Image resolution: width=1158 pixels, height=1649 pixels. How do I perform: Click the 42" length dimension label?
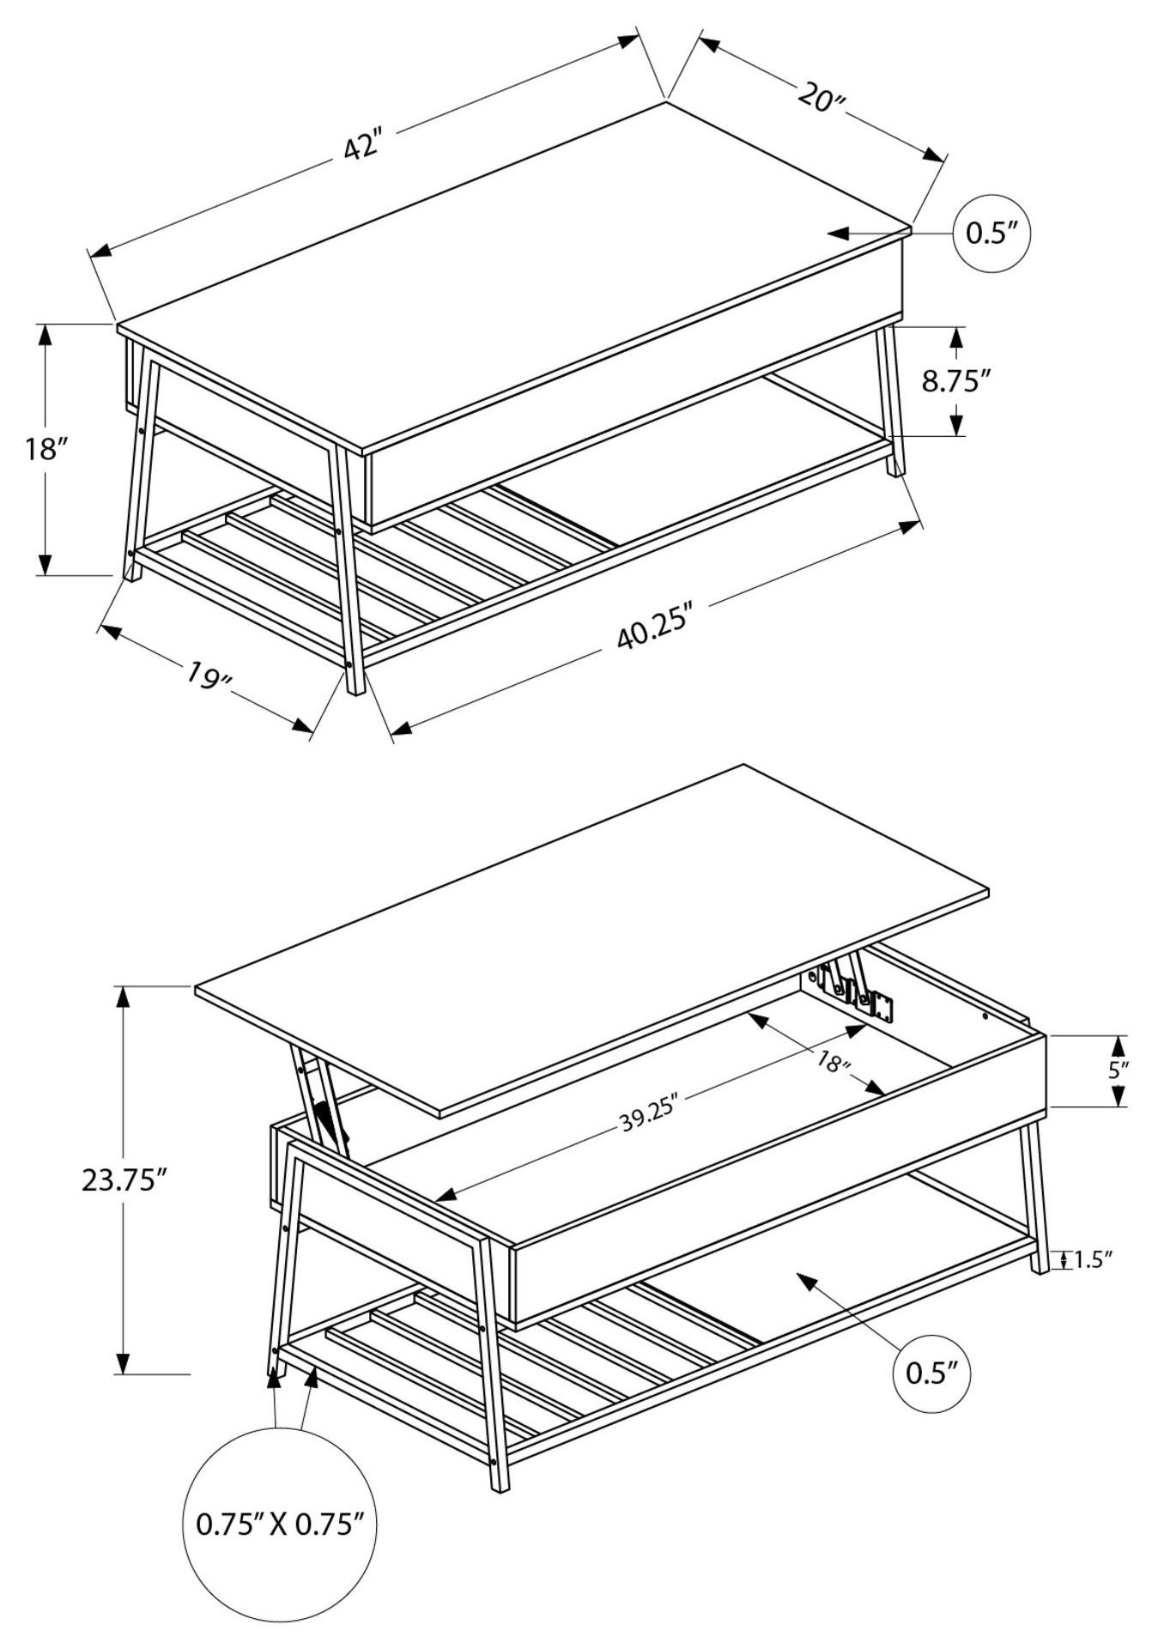(x=361, y=146)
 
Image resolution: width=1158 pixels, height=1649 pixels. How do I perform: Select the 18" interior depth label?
(x=832, y=1062)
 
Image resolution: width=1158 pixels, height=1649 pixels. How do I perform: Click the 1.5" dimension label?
(x=1093, y=1260)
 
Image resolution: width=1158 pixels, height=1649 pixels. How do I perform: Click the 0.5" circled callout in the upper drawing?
(x=991, y=233)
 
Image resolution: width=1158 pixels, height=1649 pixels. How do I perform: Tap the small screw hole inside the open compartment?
(x=985, y=1016)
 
